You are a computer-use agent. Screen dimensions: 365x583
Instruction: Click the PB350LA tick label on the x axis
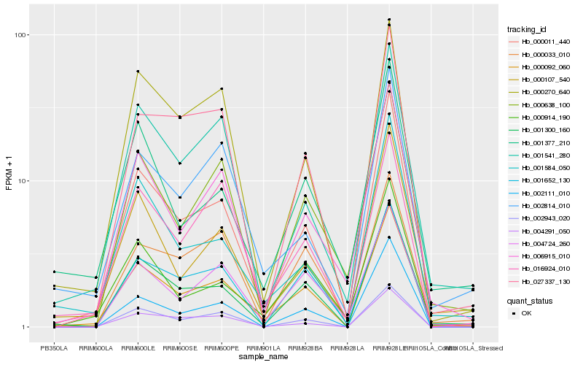(x=53, y=347)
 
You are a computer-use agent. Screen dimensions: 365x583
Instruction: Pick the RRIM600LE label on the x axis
(x=138, y=347)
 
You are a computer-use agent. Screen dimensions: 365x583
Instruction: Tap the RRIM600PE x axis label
(x=222, y=347)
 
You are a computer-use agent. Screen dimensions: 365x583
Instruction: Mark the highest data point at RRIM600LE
(x=138, y=71)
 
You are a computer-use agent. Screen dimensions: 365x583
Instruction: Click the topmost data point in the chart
(x=389, y=19)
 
